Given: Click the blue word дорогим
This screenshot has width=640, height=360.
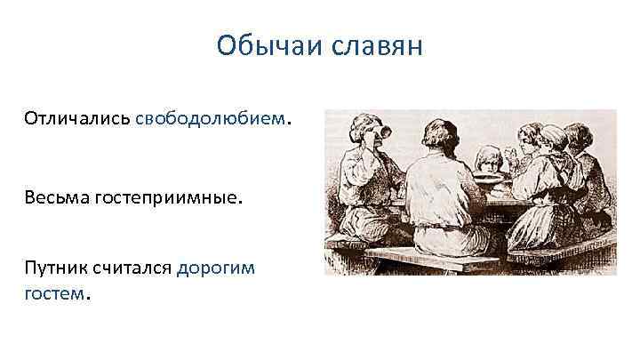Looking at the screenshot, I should pyautogui.click(x=216, y=268).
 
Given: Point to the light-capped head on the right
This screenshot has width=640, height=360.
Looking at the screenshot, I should pyautogui.click(x=551, y=138).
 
